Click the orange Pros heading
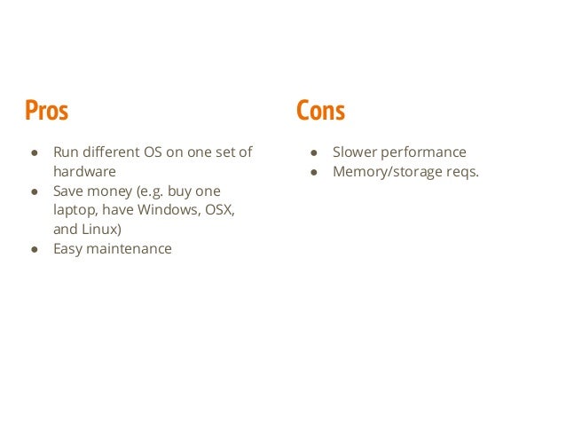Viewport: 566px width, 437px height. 46,111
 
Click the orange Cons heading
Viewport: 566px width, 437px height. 320,111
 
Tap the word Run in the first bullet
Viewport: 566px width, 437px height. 67,152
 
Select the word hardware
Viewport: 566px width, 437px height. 84,172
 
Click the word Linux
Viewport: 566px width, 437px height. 103,230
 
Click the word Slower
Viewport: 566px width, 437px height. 357,152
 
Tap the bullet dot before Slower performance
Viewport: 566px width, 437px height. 313,153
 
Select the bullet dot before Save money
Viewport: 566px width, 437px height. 34,192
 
